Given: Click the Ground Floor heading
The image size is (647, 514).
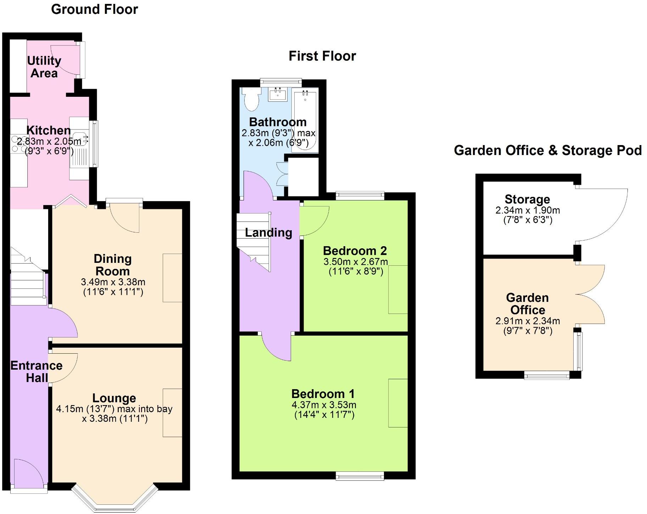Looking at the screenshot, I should [94, 9].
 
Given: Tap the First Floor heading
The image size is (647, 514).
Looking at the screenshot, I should [322, 56].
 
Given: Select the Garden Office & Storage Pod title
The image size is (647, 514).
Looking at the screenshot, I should [547, 150].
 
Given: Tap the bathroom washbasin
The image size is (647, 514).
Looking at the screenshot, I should [278, 95].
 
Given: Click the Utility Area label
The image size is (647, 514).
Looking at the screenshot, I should [44, 67].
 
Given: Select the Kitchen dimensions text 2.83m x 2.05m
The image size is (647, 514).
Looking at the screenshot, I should [49, 142].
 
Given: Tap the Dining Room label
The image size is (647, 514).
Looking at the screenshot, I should [113, 265].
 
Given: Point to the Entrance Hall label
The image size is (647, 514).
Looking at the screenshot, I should [37, 371].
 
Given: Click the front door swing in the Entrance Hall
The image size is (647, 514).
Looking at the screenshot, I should [28, 472].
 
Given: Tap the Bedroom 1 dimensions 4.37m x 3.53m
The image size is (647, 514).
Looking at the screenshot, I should [324, 405].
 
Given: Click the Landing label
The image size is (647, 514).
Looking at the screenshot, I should [268, 233].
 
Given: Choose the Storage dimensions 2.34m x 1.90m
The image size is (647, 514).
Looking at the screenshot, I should [528, 210].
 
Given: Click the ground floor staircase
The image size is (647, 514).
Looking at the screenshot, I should [28, 284].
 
